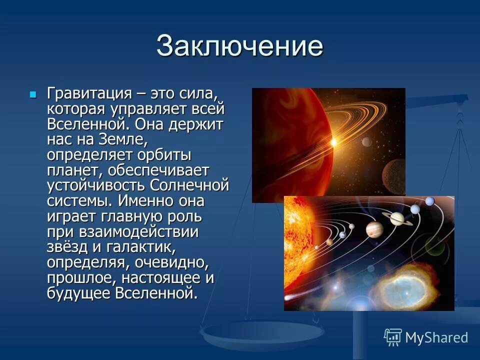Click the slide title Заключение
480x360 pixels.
point(239,46)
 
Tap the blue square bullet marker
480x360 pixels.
point(33,94)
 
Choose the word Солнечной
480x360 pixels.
point(190,185)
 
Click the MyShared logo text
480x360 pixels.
point(436,337)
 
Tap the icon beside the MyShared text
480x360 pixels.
point(392,337)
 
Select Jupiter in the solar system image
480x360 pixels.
point(374,229)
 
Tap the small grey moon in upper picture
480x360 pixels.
point(366,142)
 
